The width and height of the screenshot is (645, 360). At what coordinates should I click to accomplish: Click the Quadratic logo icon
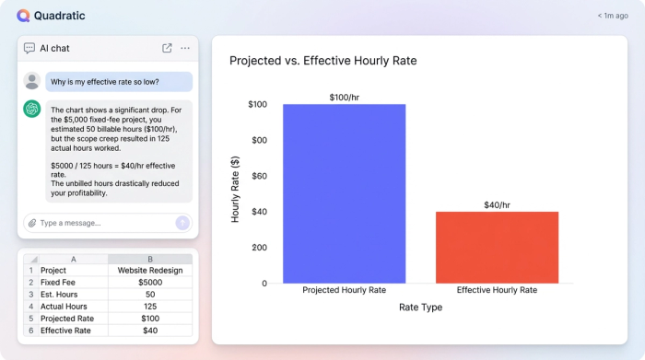tap(23, 15)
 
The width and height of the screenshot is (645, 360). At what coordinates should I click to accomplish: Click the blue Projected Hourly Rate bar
tap(344, 193)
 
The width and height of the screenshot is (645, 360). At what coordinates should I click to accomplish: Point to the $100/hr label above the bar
tap(344, 97)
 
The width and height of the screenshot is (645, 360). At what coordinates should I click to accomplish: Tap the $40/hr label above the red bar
tap(497, 204)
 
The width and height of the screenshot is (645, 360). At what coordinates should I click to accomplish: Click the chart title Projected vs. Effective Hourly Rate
tap(322, 61)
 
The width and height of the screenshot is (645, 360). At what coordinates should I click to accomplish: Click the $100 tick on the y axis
tap(257, 105)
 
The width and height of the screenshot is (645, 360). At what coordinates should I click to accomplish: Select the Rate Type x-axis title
tap(420, 307)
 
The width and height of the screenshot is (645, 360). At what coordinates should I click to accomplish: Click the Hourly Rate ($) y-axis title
tap(235, 189)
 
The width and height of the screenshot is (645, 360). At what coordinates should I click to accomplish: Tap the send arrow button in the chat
tap(182, 223)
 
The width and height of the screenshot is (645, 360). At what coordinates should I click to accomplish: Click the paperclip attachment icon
tap(31, 223)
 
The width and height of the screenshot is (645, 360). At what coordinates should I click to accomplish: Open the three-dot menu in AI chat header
tap(185, 48)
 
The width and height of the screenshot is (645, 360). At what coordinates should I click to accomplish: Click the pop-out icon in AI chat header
tap(167, 48)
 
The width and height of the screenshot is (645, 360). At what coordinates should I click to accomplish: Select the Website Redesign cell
tap(150, 271)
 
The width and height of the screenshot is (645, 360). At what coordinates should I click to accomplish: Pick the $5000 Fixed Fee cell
tap(150, 283)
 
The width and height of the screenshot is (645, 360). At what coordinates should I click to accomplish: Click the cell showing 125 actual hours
tap(150, 307)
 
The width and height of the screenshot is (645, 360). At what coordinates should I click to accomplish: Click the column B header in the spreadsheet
tap(150, 260)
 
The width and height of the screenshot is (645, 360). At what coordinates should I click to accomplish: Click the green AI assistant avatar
tap(32, 109)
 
